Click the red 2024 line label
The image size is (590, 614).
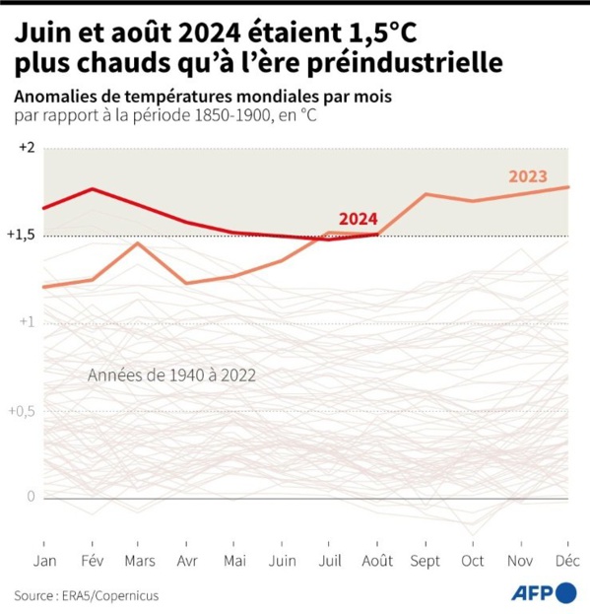coord(357,219)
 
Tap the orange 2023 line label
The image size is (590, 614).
coord(528,176)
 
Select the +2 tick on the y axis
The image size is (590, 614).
coord(26,148)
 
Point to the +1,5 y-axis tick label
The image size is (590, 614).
coord(23,236)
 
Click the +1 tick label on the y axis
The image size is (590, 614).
coord(26,322)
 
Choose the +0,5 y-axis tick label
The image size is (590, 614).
coord(23,410)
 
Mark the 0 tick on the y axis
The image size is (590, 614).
coord(31,497)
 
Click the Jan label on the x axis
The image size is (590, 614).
coord(43,560)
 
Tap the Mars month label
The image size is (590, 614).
coord(139,560)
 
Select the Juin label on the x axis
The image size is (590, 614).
coord(282,560)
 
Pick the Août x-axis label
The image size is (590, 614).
coord(377,560)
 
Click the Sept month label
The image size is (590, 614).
coord(426,560)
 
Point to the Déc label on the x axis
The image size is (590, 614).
coord(568,560)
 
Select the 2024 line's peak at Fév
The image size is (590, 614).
coord(92,189)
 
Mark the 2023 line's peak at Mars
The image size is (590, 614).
coord(139,243)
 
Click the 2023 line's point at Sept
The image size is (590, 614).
coord(426,194)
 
